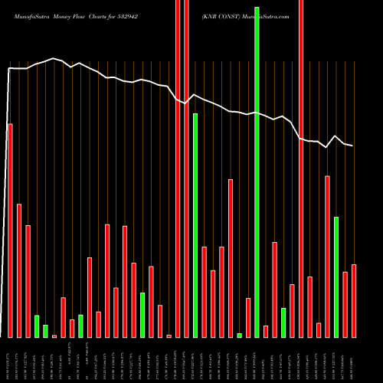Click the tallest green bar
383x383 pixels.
pyautogui.click(x=257, y=172)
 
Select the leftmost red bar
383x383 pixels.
pyautogui.click(x=10, y=230)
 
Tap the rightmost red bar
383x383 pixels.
pyautogui.click(x=354, y=300)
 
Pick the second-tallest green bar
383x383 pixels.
pyautogui.click(x=195, y=225)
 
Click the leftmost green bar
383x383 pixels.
pyautogui.click(x=37, y=326)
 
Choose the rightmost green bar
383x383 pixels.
pyautogui.click(x=336, y=277)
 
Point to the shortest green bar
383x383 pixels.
pyautogui.click(x=239, y=335)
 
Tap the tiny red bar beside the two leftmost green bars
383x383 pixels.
pyautogui.click(x=54, y=336)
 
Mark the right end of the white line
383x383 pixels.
pyautogui.click(x=352, y=146)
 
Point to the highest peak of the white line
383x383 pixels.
pyautogui.click(x=54, y=58)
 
